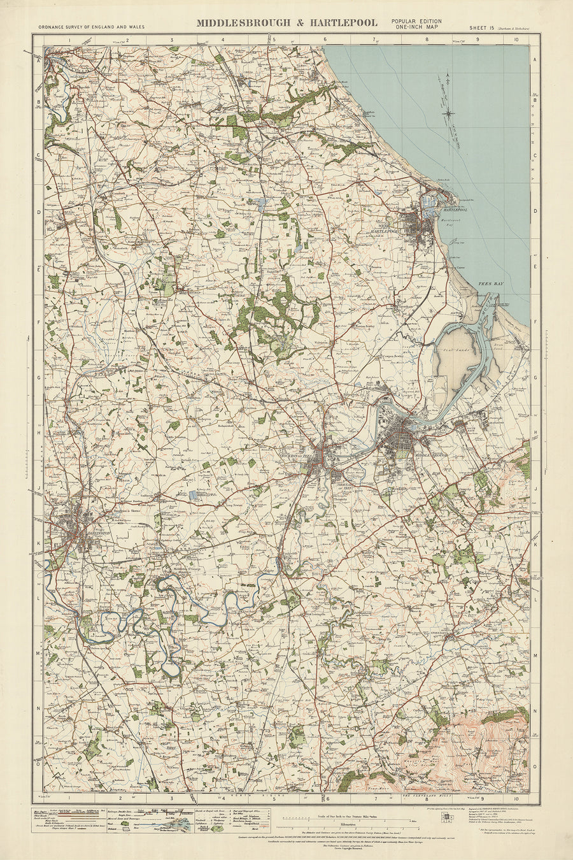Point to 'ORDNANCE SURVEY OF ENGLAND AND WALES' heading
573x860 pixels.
coord(91,27)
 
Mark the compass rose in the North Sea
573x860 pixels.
coord(450,113)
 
